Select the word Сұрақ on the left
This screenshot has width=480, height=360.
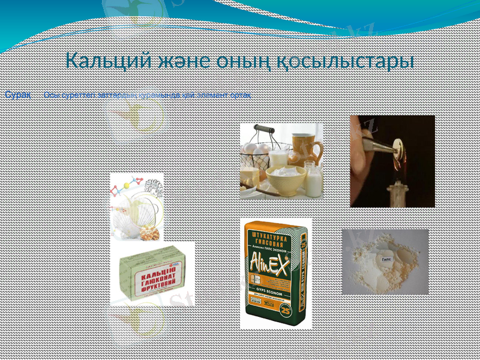click(x=18, y=95)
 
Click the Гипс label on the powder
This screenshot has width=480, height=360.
click(x=387, y=258)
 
